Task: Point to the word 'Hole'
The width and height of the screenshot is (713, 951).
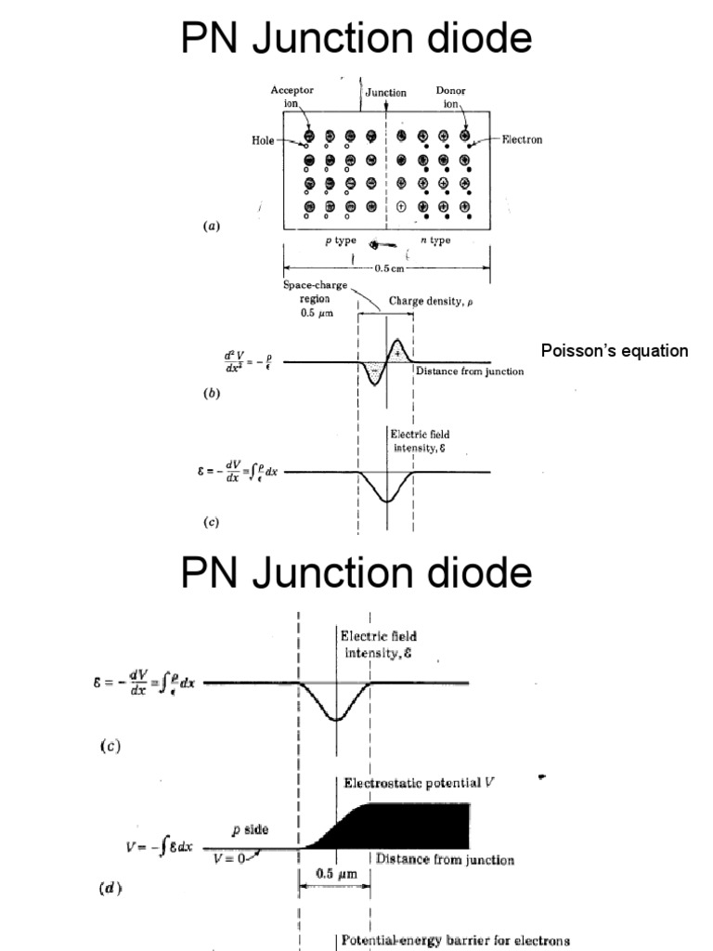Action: point(263,140)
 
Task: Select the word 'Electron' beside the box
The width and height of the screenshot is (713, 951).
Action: point(522,140)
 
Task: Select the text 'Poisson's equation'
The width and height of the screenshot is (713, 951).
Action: point(615,351)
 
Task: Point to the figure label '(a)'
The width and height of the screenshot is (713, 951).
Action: point(212,225)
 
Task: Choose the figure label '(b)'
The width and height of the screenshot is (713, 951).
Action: point(212,394)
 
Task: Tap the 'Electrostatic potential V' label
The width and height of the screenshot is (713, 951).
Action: point(420,783)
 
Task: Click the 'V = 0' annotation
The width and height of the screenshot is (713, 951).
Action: point(227,858)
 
